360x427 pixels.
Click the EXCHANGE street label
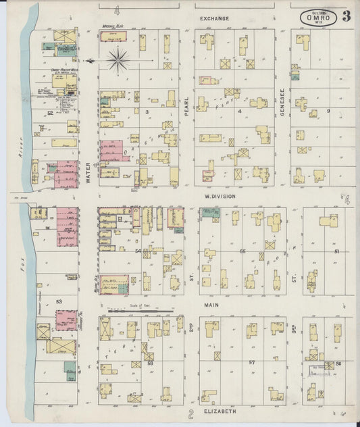click(214, 18)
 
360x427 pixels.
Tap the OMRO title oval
click(318, 17)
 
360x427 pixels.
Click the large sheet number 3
click(346, 17)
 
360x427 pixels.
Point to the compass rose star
click(120, 61)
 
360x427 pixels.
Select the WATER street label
click(88, 172)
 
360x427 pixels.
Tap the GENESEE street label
click(283, 101)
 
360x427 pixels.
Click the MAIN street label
click(214, 305)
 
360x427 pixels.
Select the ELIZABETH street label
click(218, 411)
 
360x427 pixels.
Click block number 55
click(242, 251)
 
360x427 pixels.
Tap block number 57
click(251, 363)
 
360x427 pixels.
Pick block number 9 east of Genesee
click(329, 111)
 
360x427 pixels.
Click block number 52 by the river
click(50, 114)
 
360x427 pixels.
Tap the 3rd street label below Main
click(294, 330)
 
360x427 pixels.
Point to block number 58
click(150, 363)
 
